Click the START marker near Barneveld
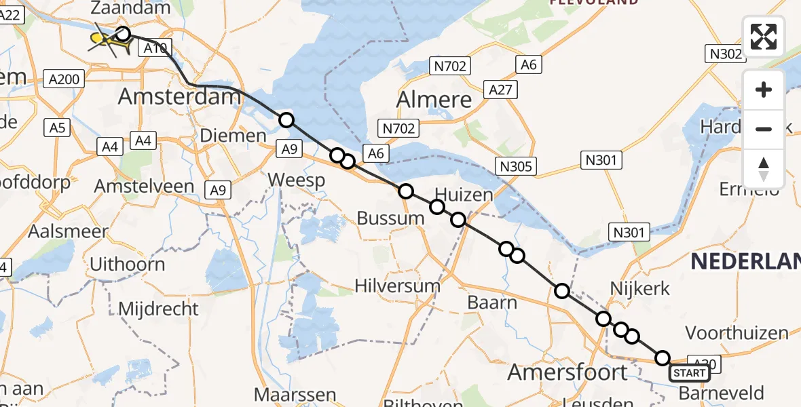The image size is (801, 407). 690,372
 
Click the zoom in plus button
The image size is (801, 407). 764,90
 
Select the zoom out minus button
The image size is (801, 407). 764,129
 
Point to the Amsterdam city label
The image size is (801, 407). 180,96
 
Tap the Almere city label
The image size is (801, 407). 434,100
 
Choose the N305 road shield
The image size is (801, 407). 517,166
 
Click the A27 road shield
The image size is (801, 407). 501,90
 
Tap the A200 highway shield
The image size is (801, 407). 64,79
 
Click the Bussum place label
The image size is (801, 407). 390,218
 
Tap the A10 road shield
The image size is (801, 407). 155,48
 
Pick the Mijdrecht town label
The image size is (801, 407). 158,309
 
